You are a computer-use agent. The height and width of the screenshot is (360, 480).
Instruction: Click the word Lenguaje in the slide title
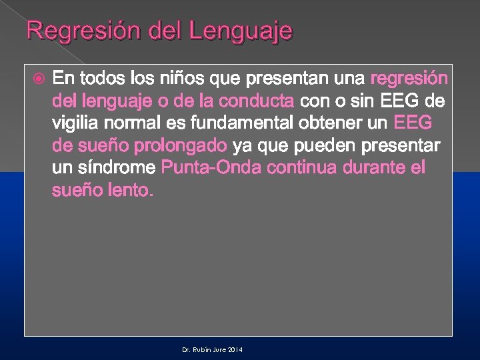241,31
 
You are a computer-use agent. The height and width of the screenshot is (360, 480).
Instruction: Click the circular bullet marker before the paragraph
39,79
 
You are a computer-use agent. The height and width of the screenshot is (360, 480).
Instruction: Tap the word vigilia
73,123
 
